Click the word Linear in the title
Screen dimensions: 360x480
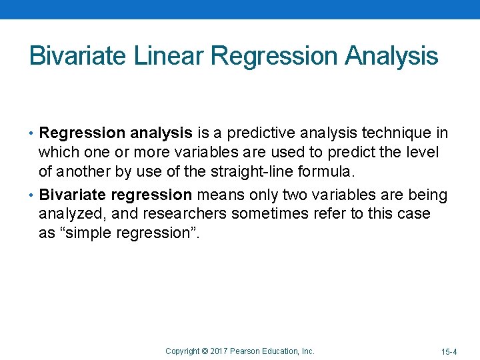pyautogui.click(x=169, y=56)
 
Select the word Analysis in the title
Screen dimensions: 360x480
pyautogui.click(x=391, y=56)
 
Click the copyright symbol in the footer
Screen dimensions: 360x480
pyautogui.click(x=205, y=351)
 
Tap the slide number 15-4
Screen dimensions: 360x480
pyautogui.click(x=449, y=351)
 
